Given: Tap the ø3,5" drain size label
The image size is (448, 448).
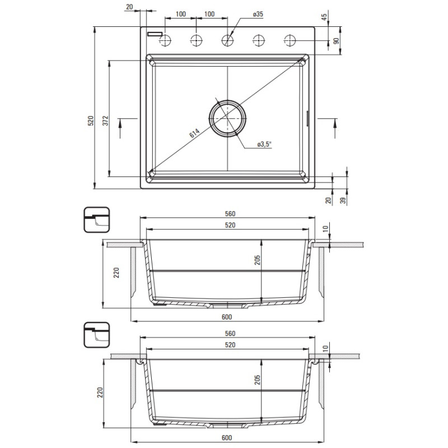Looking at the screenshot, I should (264, 144).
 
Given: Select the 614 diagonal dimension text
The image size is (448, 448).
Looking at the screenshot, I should (194, 134).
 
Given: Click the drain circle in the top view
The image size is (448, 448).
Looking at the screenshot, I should (227, 117).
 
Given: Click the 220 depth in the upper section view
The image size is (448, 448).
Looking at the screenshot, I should (116, 273).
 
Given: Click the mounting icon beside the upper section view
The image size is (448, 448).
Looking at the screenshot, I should (97, 220).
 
